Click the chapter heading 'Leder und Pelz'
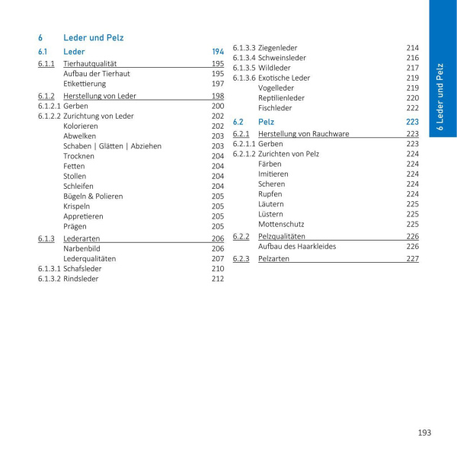pos(93,37)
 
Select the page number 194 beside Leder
pos(217,52)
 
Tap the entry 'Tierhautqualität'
pos(90,64)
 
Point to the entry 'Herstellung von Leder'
pos(100,97)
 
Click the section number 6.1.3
pos(46,238)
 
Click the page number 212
pos(217,279)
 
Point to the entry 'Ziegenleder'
pos(277,47)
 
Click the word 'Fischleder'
pos(275,108)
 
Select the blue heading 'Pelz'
pos(266,121)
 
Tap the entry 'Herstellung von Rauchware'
pos(303,134)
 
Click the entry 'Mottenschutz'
pos(281,224)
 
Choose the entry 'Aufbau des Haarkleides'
pos(296,246)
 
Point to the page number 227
pos(412,259)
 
